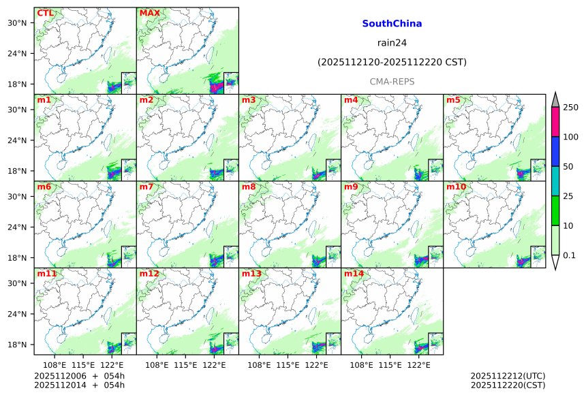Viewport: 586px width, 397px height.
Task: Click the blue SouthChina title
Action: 392,24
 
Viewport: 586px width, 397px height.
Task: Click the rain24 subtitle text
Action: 392,43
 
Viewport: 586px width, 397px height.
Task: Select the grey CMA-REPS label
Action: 392,81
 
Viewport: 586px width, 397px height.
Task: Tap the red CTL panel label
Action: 45,13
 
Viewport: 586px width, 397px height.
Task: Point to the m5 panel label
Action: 453,100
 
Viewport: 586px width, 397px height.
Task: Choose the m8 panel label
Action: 248,187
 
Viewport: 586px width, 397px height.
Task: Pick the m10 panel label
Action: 456,187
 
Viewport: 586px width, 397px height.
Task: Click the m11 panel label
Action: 46,274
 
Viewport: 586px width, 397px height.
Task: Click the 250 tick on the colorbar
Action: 570,108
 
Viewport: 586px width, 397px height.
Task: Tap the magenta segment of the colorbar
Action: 555,122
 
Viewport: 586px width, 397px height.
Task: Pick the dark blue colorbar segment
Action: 555,151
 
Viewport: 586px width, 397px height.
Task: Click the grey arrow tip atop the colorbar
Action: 555,99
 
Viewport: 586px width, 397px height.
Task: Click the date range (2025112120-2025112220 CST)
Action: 392,62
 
